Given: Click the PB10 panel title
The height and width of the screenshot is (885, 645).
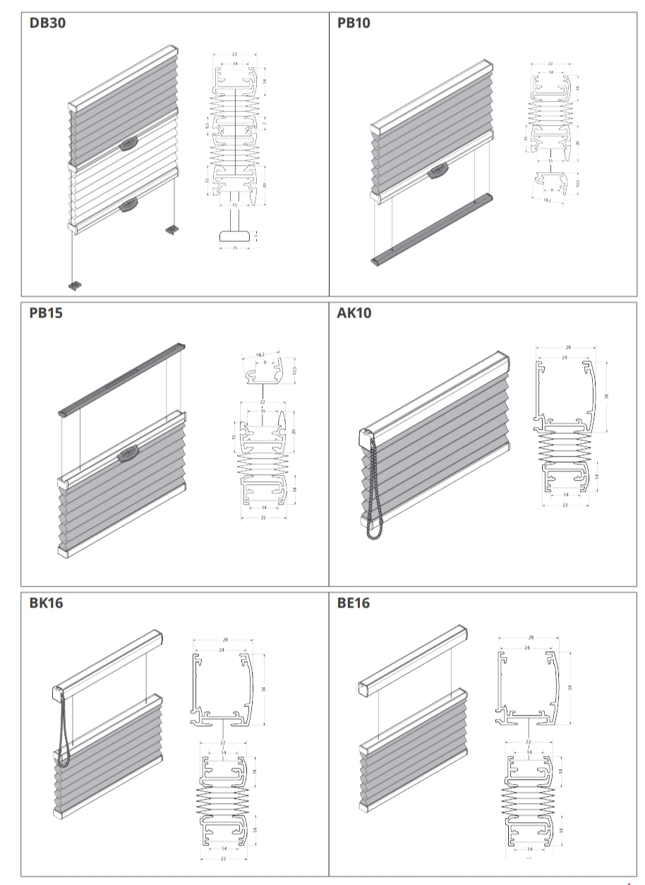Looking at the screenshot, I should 354,23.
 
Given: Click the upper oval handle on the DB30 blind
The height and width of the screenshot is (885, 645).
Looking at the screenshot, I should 128,142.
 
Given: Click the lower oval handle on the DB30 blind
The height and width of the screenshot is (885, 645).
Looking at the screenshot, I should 128,205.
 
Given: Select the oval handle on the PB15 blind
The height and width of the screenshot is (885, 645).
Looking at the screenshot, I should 128,455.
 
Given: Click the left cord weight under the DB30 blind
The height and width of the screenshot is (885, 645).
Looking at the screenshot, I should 76,285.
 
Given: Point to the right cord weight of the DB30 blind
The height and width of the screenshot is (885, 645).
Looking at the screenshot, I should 171,229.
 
